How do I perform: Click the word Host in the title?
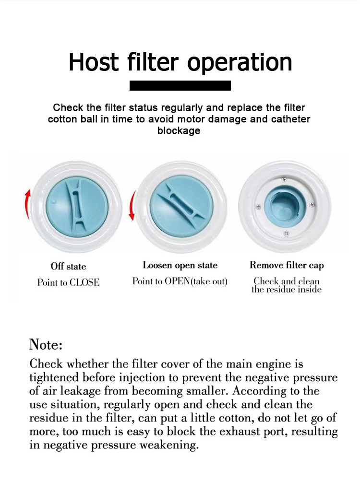tap(94, 62)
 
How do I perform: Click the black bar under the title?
tap(180, 86)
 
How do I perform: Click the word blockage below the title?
tap(179, 130)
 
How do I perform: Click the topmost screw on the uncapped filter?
tap(284, 179)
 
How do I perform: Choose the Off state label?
tap(68, 266)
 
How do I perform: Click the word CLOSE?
tap(84, 282)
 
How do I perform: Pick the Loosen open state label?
tap(180, 266)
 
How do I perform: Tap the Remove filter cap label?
tap(287, 266)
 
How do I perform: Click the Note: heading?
tap(46, 344)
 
